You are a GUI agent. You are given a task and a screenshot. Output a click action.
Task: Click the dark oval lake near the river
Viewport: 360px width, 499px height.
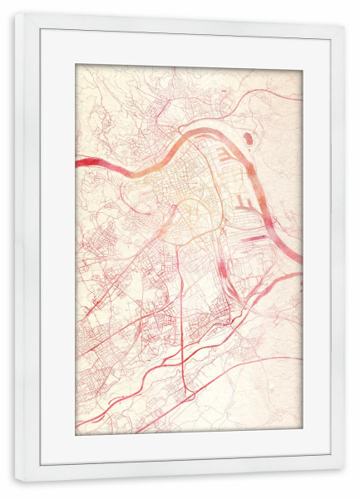pyautogui.click(x=248, y=138)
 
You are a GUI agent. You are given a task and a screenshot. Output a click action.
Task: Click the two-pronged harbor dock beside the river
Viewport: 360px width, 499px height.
pyautogui.click(x=243, y=202)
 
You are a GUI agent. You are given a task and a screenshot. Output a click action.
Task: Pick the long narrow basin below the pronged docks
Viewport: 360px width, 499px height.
pyautogui.click(x=255, y=236)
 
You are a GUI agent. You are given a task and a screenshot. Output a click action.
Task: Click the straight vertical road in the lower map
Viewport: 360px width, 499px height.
pyautogui.click(x=183, y=333)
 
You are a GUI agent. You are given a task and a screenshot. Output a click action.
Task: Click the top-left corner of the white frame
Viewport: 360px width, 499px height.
pyautogui.click(x=15, y=15)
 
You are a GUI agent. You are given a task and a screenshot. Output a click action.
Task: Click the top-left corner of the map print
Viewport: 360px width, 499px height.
pyautogui.click(x=76, y=65)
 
